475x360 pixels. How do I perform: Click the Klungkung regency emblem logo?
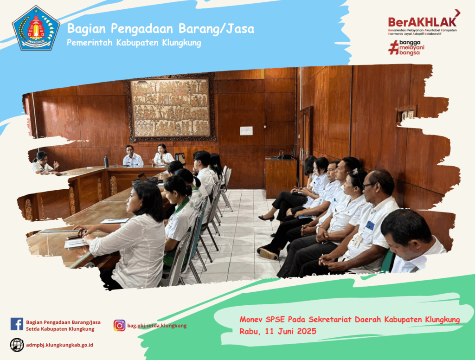pyautogui.click(x=36, y=28)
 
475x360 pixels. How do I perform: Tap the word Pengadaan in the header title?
pyautogui.click(x=142, y=29)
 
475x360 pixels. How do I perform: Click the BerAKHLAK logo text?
pyautogui.click(x=422, y=22)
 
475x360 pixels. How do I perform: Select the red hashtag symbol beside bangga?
pyautogui.click(x=393, y=48)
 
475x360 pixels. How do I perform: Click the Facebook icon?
pyautogui.click(x=17, y=324)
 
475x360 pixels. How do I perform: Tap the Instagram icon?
pyautogui.click(x=119, y=326)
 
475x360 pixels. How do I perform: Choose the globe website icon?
pyautogui.click(x=17, y=345)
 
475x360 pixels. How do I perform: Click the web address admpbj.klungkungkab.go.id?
pyautogui.click(x=60, y=345)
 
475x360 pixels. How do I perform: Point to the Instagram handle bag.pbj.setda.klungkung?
pyautogui.click(x=157, y=326)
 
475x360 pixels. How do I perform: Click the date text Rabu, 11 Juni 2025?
pyautogui.click(x=278, y=331)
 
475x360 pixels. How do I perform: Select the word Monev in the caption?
pyautogui.click(x=251, y=319)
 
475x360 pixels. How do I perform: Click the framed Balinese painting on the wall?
pyautogui.click(x=172, y=108)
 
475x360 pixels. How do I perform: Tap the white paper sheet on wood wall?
pyautogui.click(x=246, y=131)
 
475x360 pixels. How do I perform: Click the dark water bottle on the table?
pyautogui.click(x=106, y=161)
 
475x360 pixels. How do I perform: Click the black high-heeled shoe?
pyautogui.click(x=266, y=218)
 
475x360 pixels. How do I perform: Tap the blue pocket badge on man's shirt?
pyautogui.click(x=370, y=225)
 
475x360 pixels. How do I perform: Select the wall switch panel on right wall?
pyautogui.click(x=407, y=114)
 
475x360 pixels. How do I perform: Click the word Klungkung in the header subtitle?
pyautogui.click(x=181, y=43)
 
